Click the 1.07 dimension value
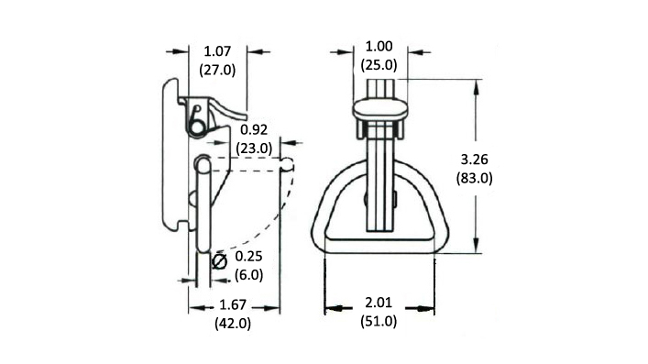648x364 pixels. pyautogui.click(x=217, y=51)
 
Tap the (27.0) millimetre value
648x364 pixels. pyautogui.click(x=217, y=70)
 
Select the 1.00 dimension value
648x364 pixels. pyautogui.click(x=379, y=47)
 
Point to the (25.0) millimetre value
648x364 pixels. pyautogui.click(x=379, y=65)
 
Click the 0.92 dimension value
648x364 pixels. pyautogui.click(x=254, y=129)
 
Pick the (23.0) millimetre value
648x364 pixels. pyautogui.click(x=254, y=149)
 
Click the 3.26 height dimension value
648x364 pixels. pyautogui.click(x=475, y=160)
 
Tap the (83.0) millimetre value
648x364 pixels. pyautogui.click(x=475, y=178)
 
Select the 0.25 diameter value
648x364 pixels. pyautogui.click(x=248, y=257)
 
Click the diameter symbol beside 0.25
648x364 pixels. pyautogui.click(x=219, y=261)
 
